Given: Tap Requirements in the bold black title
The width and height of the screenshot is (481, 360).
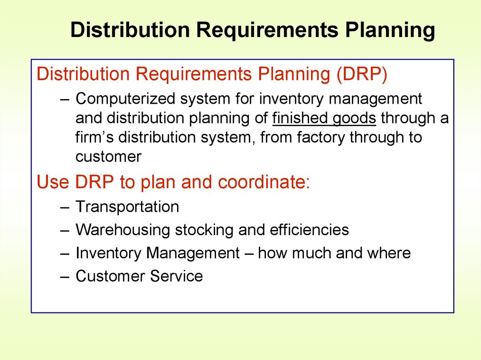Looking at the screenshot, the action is (267, 31).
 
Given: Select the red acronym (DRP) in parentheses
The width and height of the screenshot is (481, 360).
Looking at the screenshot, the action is (362, 74).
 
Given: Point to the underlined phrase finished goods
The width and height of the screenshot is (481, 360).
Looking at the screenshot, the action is (324, 118).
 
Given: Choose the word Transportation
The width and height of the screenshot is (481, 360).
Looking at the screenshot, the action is (127, 207).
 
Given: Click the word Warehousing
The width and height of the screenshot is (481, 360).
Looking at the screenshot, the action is (123, 230).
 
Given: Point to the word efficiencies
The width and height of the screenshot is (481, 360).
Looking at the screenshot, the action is (309, 230).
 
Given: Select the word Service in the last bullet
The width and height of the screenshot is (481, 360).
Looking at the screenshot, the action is (177, 276).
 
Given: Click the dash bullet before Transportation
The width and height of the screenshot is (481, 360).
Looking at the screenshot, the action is (65, 207).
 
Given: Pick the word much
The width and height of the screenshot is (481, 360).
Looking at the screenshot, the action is (311, 253).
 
